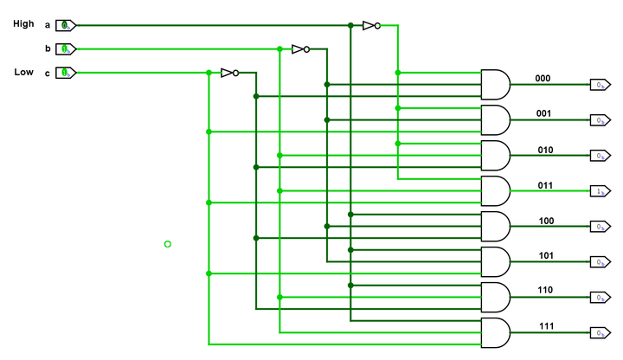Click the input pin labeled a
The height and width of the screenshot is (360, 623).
(x=66, y=25)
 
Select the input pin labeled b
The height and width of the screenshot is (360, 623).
(x=66, y=48)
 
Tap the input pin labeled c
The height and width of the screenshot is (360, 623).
(x=66, y=73)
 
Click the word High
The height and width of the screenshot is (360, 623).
(x=23, y=24)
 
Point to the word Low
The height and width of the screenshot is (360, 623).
(x=23, y=72)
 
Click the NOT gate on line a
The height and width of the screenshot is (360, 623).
(x=370, y=25)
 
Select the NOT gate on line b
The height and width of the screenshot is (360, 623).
(x=300, y=48)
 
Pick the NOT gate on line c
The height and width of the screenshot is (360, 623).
(x=229, y=73)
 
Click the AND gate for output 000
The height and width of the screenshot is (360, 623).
(x=495, y=84)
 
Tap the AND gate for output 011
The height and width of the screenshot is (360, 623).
(x=495, y=190)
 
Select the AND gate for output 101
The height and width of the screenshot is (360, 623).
(x=495, y=261)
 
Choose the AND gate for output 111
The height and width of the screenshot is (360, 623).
(x=495, y=332)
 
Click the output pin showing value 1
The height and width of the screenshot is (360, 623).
(x=598, y=190)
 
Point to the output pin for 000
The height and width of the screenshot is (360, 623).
(x=598, y=85)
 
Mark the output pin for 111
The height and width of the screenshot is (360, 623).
(x=598, y=332)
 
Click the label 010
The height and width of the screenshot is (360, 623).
(x=545, y=150)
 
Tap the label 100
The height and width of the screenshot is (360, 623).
(x=546, y=221)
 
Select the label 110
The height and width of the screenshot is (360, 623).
(x=546, y=291)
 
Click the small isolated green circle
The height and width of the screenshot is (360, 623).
(x=168, y=244)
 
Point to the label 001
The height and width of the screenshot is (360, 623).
(x=543, y=113)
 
